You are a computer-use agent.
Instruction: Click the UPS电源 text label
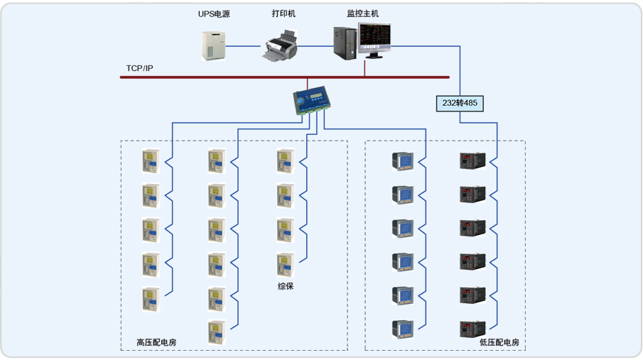pos(213,14)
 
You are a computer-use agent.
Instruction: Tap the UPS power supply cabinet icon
pos(212,44)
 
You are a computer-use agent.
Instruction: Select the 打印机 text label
pos(283,14)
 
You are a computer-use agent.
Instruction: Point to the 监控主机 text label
pos(362,14)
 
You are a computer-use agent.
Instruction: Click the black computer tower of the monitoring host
pos(345,43)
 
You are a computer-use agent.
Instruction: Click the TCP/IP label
pos(139,68)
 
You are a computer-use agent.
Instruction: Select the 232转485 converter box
pos(460,103)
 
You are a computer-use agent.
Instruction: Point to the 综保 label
pos(286,286)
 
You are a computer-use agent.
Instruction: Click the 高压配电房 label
pos(156,342)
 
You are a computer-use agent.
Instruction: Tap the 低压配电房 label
pos(499,342)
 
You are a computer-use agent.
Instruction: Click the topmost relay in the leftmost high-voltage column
pos(150,161)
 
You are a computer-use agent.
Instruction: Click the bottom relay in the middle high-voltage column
pos(217,332)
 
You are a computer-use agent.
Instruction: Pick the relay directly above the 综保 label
pos(285,264)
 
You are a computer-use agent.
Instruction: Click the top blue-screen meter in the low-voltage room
pos(403,160)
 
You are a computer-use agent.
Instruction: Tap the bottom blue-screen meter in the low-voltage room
pos(403,329)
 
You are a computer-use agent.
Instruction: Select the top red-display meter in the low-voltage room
pos(472,160)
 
